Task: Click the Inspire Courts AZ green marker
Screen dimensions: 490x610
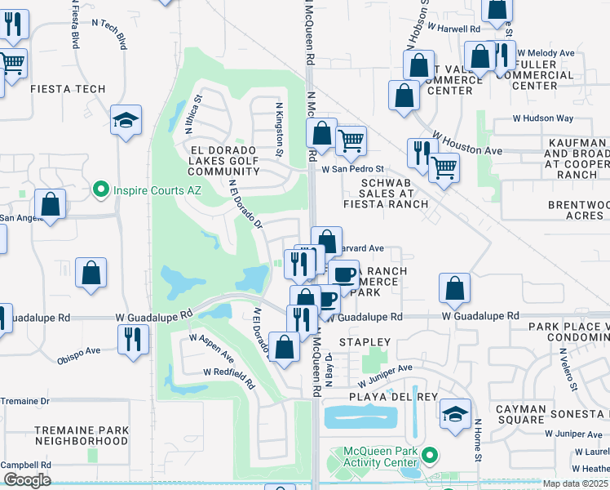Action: click(x=101, y=190)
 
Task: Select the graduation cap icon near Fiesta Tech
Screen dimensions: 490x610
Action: click(x=126, y=121)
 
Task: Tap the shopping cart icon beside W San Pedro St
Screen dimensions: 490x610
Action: click(x=351, y=140)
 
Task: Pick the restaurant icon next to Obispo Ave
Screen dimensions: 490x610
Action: click(x=132, y=337)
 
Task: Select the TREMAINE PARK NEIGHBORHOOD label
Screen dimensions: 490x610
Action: click(x=82, y=434)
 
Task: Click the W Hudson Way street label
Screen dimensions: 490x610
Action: click(x=545, y=118)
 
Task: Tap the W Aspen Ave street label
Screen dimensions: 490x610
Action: click(x=212, y=348)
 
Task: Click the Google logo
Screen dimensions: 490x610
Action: click(x=27, y=480)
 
